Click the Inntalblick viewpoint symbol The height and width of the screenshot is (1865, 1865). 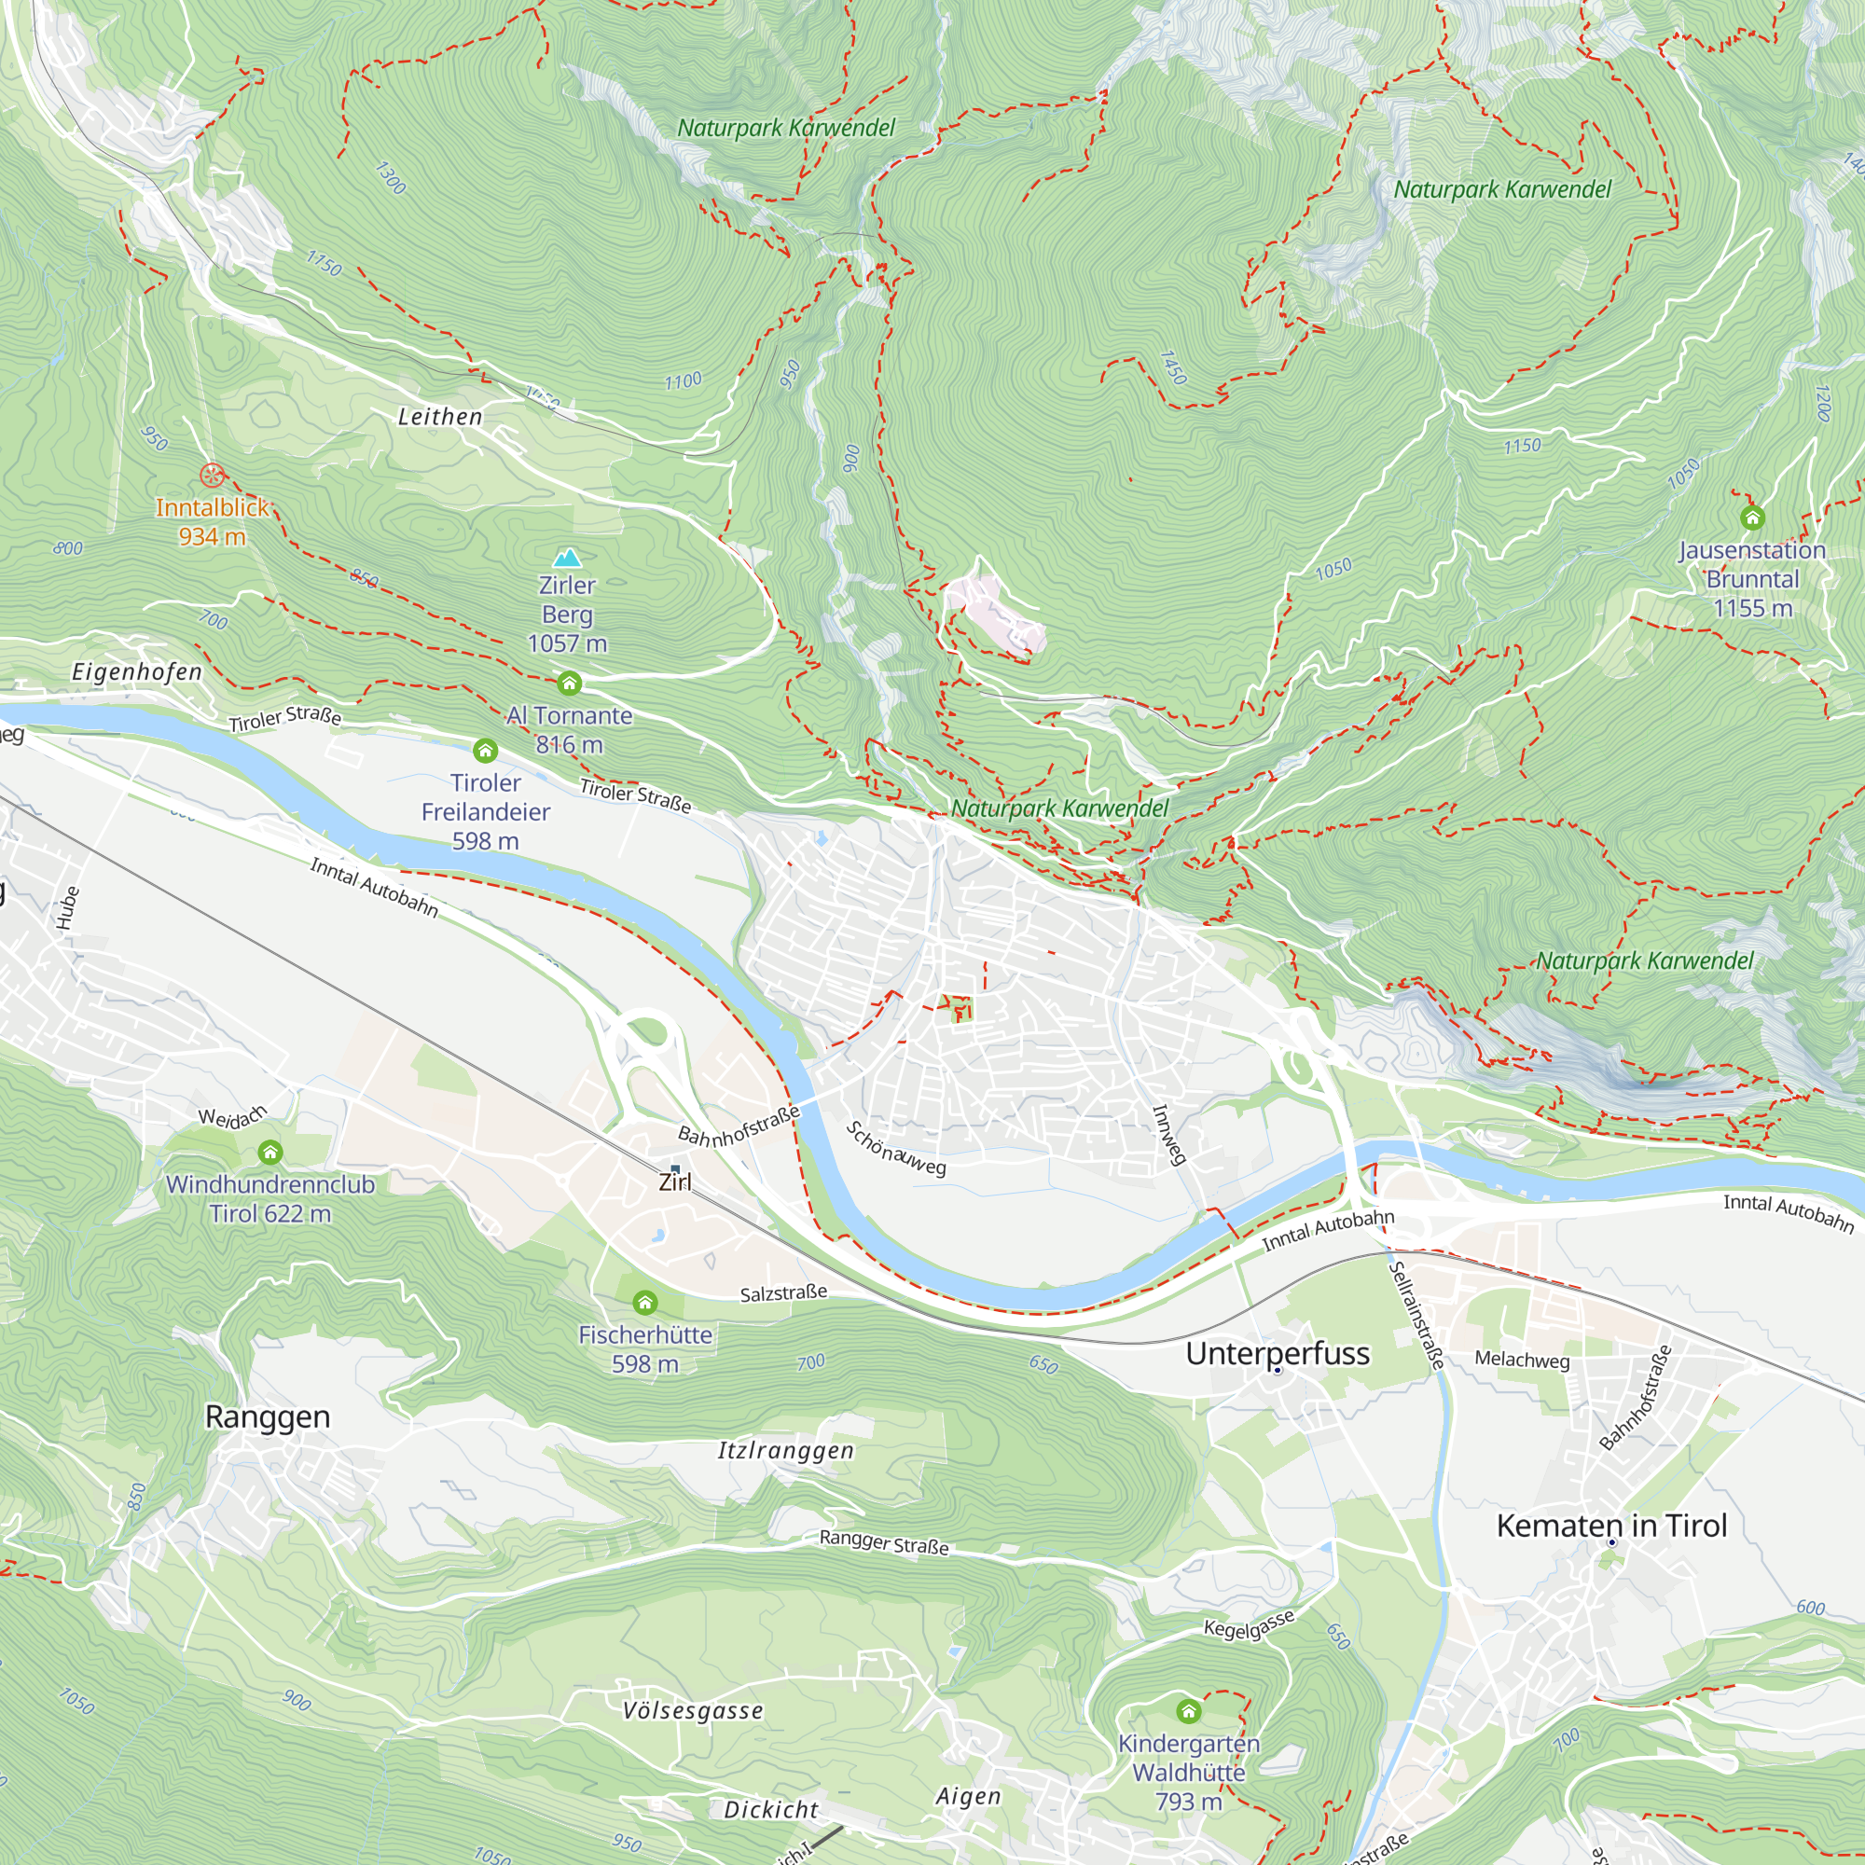[212, 475]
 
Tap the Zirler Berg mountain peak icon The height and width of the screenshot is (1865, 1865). [567, 558]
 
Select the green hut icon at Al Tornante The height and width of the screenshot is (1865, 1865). [570, 684]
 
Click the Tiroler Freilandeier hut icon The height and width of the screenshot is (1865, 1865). [485, 750]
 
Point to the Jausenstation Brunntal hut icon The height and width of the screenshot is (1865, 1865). [1752, 518]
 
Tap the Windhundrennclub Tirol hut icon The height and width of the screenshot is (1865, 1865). [270, 1152]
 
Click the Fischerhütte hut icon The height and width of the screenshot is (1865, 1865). [645, 1304]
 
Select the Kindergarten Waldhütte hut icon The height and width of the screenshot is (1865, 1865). [1188, 1711]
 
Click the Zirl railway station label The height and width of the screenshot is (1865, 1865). [675, 1181]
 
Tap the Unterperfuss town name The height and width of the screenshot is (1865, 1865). [1278, 1353]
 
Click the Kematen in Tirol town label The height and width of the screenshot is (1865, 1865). [1611, 1526]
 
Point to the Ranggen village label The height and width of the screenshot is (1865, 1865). [268, 1416]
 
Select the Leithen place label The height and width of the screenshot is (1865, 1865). [440, 417]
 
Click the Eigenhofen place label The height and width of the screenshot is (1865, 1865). [137, 671]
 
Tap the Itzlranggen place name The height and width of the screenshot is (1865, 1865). [786, 1450]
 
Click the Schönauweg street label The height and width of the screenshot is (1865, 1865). [896, 1148]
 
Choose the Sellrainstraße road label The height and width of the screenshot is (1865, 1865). [1416, 1315]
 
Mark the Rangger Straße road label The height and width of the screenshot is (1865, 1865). [883, 1541]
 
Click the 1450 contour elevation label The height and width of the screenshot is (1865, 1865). [1173, 366]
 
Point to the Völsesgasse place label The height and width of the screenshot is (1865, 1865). [692, 1711]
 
